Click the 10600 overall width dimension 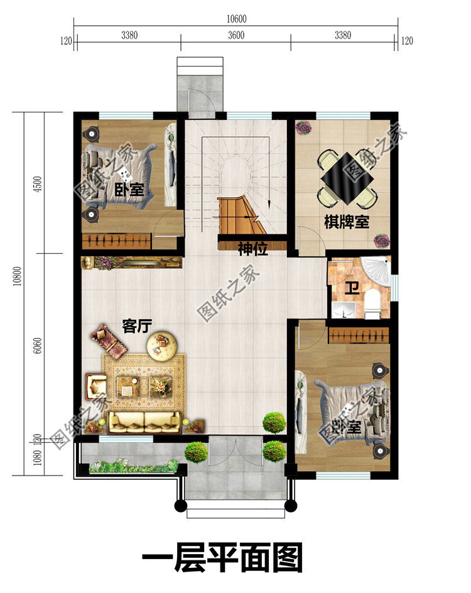coord(236,19)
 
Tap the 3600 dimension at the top coord(236,36)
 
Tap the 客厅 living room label coord(138,327)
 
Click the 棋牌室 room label coord(346,222)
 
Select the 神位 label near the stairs coord(253,249)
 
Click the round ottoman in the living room coord(163,343)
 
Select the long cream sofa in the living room coord(144,422)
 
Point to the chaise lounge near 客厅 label coord(108,340)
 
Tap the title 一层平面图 coord(222,558)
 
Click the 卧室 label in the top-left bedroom coord(130,190)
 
